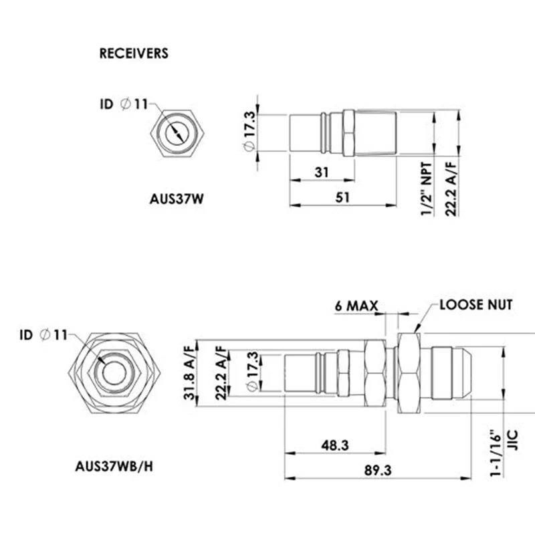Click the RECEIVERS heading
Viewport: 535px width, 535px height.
point(134,53)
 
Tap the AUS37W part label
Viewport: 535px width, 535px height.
point(177,199)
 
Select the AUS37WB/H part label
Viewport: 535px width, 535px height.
point(114,466)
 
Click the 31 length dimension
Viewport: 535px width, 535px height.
point(322,172)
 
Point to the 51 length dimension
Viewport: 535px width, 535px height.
point(342,197)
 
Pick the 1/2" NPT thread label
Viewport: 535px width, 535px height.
point(427,189)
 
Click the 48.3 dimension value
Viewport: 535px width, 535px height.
point(335,445)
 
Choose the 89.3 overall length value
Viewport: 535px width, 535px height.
point(378,471)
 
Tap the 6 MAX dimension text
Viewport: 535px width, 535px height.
point(356,306)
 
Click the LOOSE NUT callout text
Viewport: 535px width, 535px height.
point(476,305)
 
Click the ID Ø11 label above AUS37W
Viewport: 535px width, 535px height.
point(124,104)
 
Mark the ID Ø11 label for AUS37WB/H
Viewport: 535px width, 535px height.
point(43,335)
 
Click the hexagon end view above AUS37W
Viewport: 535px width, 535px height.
point(177,133)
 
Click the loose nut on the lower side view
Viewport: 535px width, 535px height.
point(409,373)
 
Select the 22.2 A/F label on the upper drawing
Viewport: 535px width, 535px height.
point(451,189)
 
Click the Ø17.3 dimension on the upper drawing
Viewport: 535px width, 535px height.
point(249,130)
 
